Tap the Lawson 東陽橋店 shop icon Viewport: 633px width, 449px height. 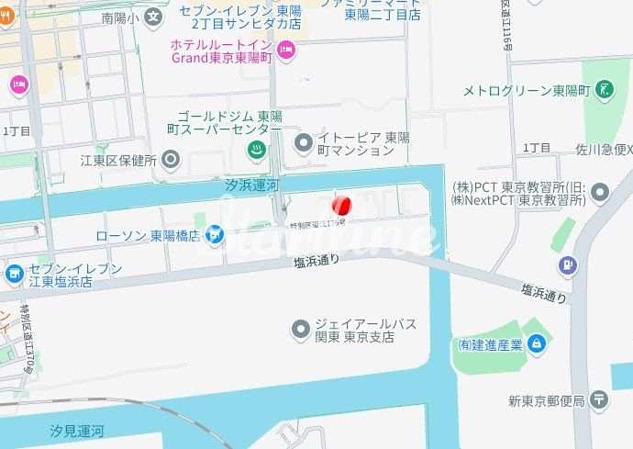click(215, 236)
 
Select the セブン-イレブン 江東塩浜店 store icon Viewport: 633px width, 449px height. click(14, 274)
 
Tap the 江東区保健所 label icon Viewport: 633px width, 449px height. click(170, 159)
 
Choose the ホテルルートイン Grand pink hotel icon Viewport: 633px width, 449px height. click(285, 50)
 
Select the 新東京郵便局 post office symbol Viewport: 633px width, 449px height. click(599, 399)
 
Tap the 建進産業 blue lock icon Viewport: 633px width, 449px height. click(537, 344)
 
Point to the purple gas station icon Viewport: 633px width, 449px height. click(570, 265)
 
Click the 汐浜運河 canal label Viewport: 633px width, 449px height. click(251, 185)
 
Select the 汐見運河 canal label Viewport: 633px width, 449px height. click(77, 431)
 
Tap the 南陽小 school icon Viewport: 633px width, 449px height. click(153, 16)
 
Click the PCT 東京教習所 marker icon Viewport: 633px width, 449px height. click(600, 192)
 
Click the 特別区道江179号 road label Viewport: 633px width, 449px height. click(316, 223)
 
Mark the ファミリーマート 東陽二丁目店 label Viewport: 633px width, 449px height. click(383, 9)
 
